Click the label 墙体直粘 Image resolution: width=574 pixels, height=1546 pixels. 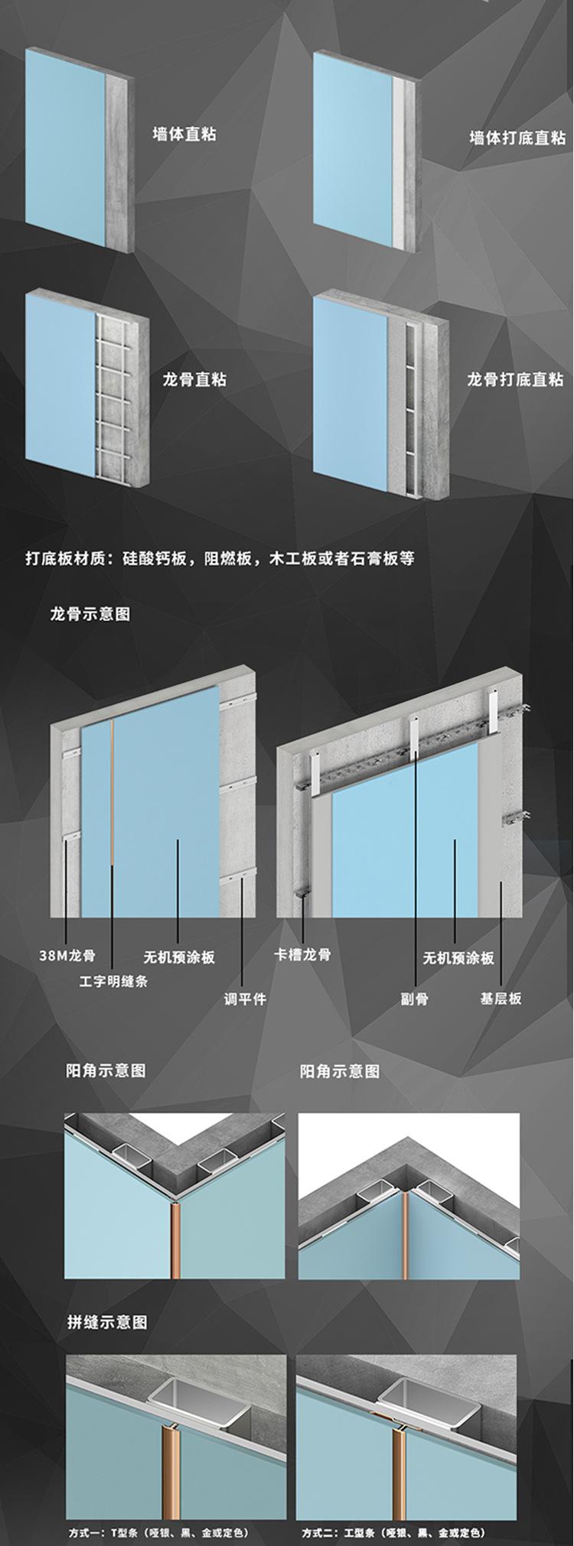coord(184,135)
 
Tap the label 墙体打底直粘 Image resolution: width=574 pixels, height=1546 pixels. coord(517,138)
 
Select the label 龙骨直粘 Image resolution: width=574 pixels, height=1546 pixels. coord(194,379)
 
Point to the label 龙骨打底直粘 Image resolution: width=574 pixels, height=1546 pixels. coord(515,379)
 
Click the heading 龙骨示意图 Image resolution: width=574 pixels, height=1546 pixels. coord(90,614)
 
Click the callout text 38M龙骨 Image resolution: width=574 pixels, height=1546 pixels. coord(67,955)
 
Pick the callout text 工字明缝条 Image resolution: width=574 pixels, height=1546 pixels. coord(113,981)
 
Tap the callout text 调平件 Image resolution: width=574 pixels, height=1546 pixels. coord(245,999)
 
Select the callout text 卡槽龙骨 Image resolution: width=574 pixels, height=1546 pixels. coord(302,954)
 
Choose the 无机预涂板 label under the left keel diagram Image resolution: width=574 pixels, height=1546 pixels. coord(179,957)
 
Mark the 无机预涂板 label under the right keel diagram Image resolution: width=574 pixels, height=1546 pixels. coord(458,957)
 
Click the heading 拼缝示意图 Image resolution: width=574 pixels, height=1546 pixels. coord(107,1322)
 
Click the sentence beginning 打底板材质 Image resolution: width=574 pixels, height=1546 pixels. coord(220,558)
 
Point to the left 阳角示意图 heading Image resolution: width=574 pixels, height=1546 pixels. coord(106,1070)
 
